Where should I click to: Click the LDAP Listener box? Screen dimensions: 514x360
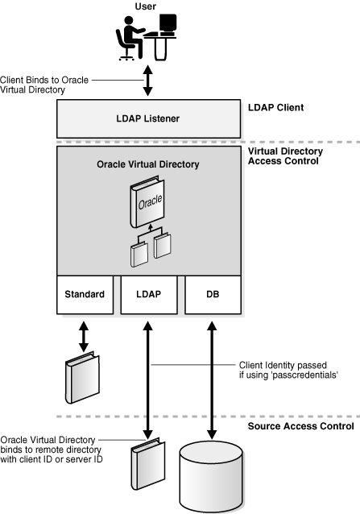147,119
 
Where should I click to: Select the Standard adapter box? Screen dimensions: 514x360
85,295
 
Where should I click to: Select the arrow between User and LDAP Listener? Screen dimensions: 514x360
147,81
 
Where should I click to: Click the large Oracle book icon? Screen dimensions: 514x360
147,205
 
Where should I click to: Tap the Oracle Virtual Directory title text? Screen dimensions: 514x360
147,164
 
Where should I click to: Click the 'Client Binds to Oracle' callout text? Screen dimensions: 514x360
48,80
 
